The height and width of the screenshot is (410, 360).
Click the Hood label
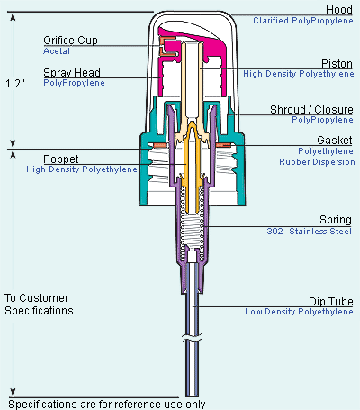(x=339, y=10)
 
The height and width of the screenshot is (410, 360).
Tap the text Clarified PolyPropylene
(x=303, y=21)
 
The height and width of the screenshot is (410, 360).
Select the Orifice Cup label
(x=70, y=41)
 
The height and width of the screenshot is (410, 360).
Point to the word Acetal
(x=57, y=51)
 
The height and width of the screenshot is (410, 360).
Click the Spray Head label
(x=72, y=73)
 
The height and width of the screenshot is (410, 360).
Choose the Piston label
(x=337, y=64)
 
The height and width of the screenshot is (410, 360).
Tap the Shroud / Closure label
(x=311, y=110)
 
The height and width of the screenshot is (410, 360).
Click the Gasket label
(x=335, y=141)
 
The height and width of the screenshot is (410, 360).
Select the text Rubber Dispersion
(x=317, y=162)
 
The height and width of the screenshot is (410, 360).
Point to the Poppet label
(x=61, y=159)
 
